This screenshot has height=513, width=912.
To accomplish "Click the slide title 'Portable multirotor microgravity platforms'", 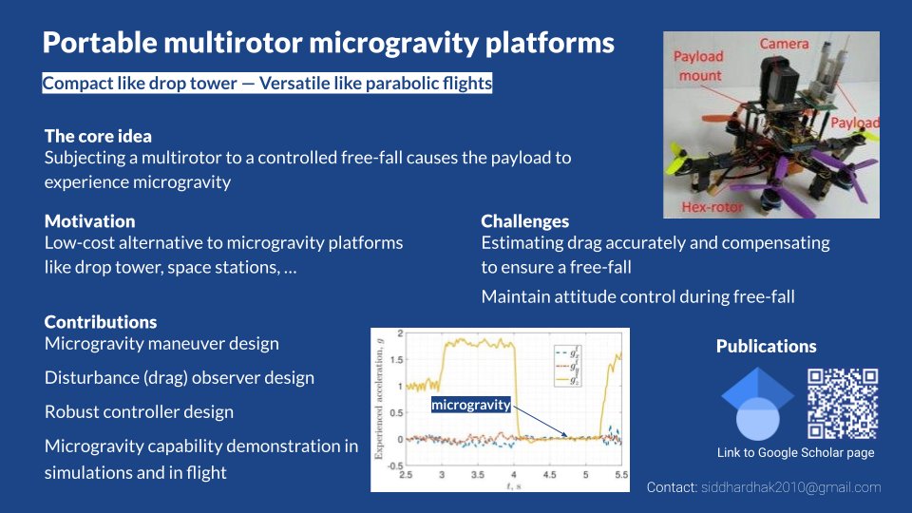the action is pyautogui.click(x=328, y=43).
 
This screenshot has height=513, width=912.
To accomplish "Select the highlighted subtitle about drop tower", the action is pyautogui.click(x=267, y=84).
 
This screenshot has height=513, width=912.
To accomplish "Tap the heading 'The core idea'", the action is pyautogui.click(x=98, y=136).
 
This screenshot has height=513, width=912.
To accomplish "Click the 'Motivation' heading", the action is pyautogui.click(x=90, y=221).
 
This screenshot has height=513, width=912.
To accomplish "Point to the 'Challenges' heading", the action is pyautogui.click(x=524, y=221).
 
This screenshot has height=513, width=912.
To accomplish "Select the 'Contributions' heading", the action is pyautogui.click(x=101, y=322).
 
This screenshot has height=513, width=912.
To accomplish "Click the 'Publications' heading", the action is pyautogui.click(x=766, y=346).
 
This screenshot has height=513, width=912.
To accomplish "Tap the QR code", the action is pyautogui.click(x=843, y=404).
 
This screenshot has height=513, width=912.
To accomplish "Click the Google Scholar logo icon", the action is pyautogui.click(x=757, y=404).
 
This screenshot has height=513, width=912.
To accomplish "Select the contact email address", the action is pyautogui.click(x=791, y=487).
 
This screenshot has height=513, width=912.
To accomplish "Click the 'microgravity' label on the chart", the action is pyautogui.click(x=471, y=405).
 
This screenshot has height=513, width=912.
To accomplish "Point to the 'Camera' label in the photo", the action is pyautogui.click(x=784, y=44).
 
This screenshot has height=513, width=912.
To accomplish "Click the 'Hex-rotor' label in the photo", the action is pyautogui.click(x=712, y=207).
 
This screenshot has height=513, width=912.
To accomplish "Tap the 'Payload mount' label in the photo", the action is pyautogui.click(x=698, y=66).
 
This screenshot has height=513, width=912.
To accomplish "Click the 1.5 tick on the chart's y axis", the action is pyautogui.click(x=397, y=359).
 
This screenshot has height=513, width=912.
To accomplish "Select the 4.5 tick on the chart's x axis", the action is pyautogui.click(x=550, y=475).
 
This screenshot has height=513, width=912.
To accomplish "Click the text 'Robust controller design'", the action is pyautogui.click(x=139, y=411).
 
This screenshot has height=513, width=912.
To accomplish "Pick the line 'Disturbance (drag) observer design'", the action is pyautogui.click(x=180, y=378).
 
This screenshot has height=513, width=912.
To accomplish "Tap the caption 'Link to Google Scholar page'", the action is pyautogui.click(x=796, y=452).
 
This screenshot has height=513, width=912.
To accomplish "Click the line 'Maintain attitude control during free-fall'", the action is pyautogui.click(x=637, y=296).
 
